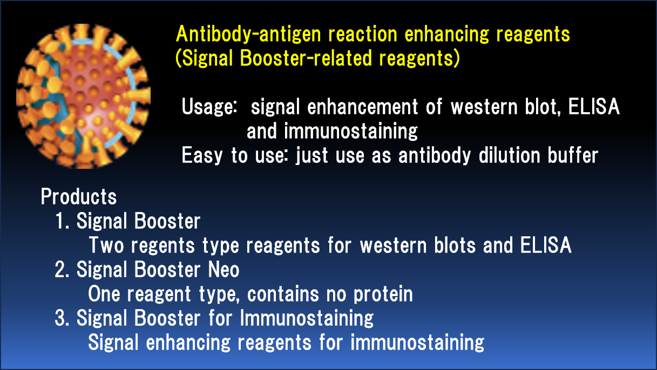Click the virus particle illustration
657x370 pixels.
click(x=83, y=96)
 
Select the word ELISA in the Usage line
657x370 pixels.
click(x=594, y=106)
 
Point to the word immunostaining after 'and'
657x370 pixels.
click(x=350, y=131)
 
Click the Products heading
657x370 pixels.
click(x=79, y=196)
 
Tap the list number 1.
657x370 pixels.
click(x=62, y=221)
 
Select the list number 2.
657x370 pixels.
click(x=62, y=269)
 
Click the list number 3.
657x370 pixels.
click(x=62, y=318)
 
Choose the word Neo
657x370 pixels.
click(x=223, y=269)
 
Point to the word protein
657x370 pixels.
click(x=383, y=294)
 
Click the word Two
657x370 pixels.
click(x=106, y=245)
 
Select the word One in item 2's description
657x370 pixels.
click(x=104, y=293)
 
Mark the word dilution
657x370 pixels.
click(x=510, y=155)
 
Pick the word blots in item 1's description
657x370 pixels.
click(x=455, y=245)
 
